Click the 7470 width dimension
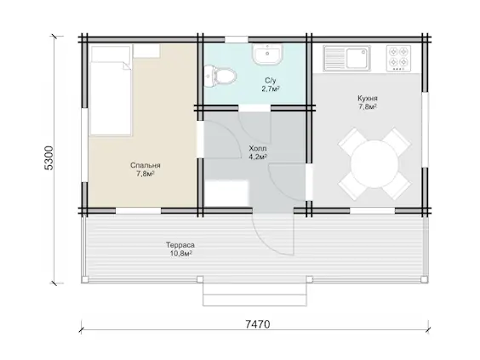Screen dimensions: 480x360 258,324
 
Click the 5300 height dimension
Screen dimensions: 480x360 49,158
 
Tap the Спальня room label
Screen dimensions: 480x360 145,165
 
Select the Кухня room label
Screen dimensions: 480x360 368,98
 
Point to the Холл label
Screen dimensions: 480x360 258,148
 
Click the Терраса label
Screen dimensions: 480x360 180,245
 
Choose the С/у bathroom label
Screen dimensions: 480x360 271,81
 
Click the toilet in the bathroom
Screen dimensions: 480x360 220,76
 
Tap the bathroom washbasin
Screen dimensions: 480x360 267,54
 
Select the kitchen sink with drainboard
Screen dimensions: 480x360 346,58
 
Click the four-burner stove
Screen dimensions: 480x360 398,58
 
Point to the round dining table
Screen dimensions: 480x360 374,164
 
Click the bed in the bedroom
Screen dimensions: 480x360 110,90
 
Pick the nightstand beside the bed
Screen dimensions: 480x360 146,51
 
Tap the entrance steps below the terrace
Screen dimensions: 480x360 254,294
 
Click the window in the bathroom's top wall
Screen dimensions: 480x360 237,39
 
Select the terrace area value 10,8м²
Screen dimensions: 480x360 181,254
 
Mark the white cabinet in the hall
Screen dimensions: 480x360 226,193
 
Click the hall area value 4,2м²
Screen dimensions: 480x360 258,157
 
